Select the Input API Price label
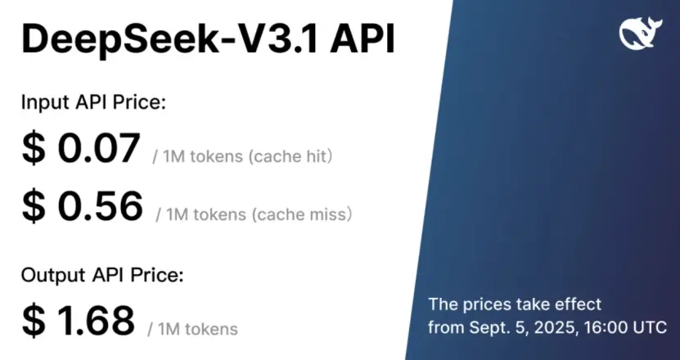coord(93,103)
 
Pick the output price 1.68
coord(97,320)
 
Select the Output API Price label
coord(101,275)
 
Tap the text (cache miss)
coord(302,214)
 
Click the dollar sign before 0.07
coord(34,150)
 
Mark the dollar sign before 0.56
coord(34,207)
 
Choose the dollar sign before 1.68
coord(34,320)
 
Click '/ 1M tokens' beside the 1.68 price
coord(193,329)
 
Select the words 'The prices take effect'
coord(515,304)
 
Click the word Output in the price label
coord(48,275)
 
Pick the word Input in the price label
coord(41,103)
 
